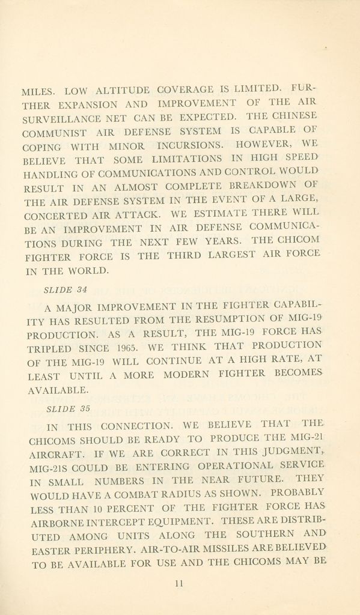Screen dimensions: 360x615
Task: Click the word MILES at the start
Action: (38, 92)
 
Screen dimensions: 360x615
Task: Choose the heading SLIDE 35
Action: (68, 409)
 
